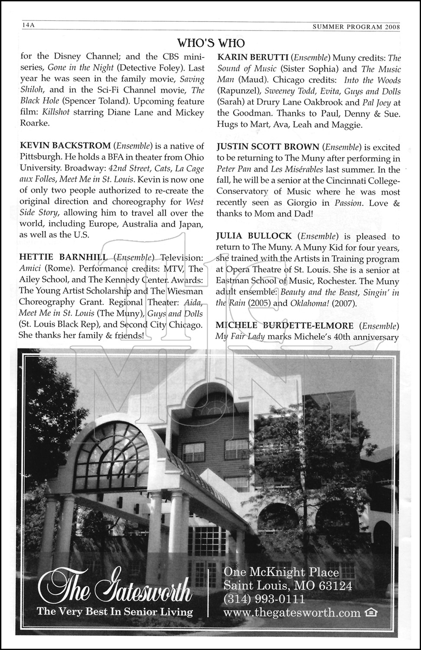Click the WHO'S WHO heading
tap(211, 43)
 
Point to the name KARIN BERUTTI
tap(251, 58)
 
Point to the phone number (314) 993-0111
tap(264, 600)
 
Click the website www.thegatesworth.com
tap(292, 613)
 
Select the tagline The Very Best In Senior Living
tap(115, 611)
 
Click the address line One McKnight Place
tap(281, 572)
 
